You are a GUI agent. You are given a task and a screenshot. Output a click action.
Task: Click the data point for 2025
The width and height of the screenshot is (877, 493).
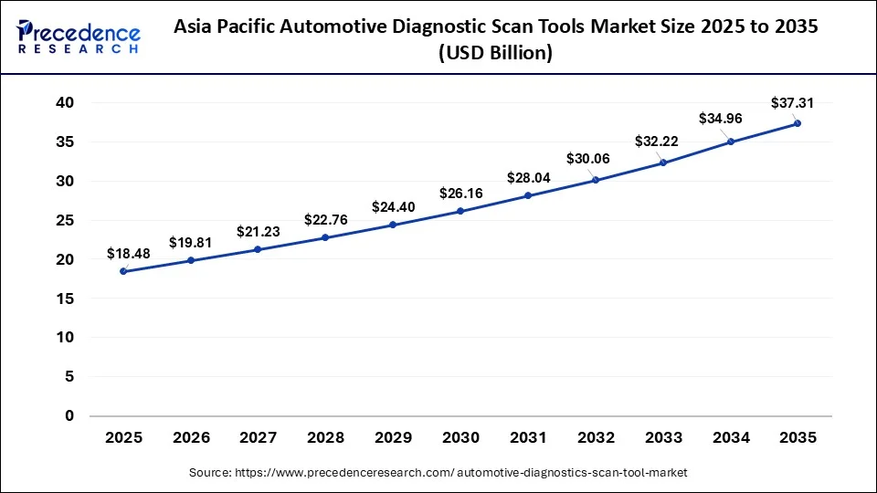click(x=123, y=271)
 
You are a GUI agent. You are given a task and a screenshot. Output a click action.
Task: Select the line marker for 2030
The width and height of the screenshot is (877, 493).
click(x=460, y=211)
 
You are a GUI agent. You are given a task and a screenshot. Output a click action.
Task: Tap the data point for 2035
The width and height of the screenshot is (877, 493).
click(x=798, y=123)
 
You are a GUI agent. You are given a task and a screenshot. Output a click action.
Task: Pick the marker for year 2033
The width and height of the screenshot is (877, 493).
click(x=663, y=163)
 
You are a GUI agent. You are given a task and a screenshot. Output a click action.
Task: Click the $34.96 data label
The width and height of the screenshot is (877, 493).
click(x=721, y=118)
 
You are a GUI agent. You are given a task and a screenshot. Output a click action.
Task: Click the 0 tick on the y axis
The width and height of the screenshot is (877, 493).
click(x=69, y=415)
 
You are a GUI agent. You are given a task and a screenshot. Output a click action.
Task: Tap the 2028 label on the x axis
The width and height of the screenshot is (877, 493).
click(x=325, y=438)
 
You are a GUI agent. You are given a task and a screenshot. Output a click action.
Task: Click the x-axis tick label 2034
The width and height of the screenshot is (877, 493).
click(x=730, y=438)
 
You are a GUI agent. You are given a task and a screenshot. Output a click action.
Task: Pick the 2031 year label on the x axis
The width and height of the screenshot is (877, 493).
click(x=528, y=438)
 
